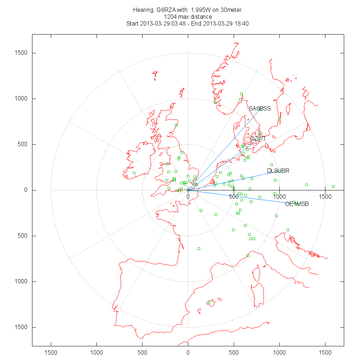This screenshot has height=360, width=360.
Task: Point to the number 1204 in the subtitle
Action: click(170, 17)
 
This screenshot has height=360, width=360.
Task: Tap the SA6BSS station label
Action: click(260, 108)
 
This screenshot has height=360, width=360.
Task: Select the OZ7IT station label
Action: click(258, 138)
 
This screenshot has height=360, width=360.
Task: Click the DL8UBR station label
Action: click(278, 171)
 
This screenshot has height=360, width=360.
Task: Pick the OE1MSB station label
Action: click(297, 204)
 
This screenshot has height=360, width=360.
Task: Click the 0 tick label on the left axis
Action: click(26, 190)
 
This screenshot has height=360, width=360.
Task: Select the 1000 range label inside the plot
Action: click(279, 197)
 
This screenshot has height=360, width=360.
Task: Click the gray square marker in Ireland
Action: click(134, 173)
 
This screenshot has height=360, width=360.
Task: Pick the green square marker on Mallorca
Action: click(209, 302)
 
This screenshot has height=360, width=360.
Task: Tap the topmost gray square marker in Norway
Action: click(241, 94)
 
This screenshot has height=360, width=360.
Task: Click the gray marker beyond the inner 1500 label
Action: click(333, 186)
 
